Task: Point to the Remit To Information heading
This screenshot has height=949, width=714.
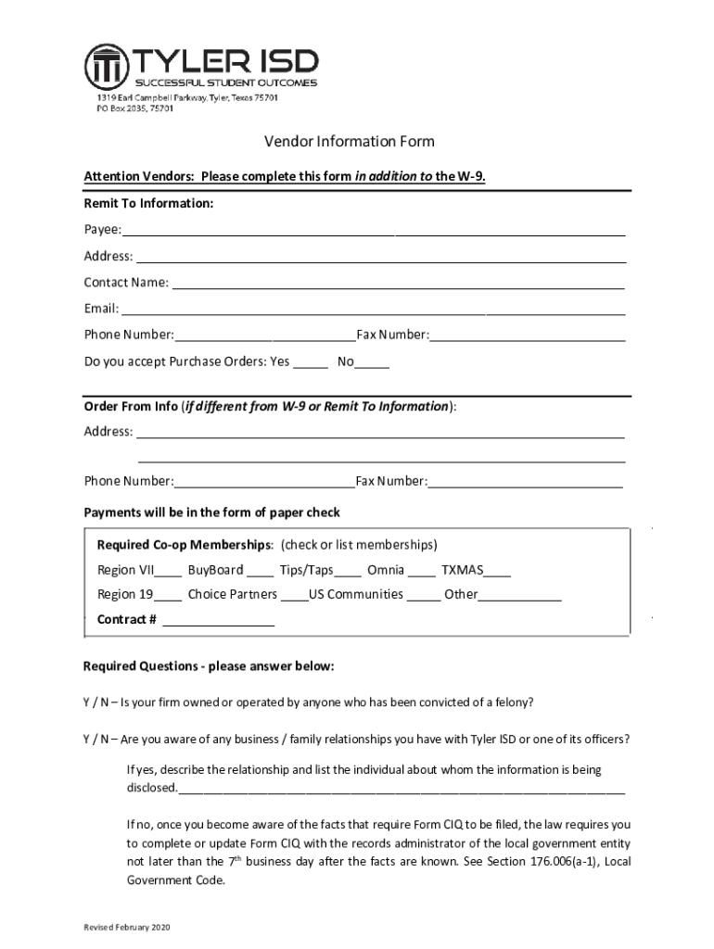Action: tap(149, 202)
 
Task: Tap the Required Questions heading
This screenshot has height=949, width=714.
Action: tap(209, 666)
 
